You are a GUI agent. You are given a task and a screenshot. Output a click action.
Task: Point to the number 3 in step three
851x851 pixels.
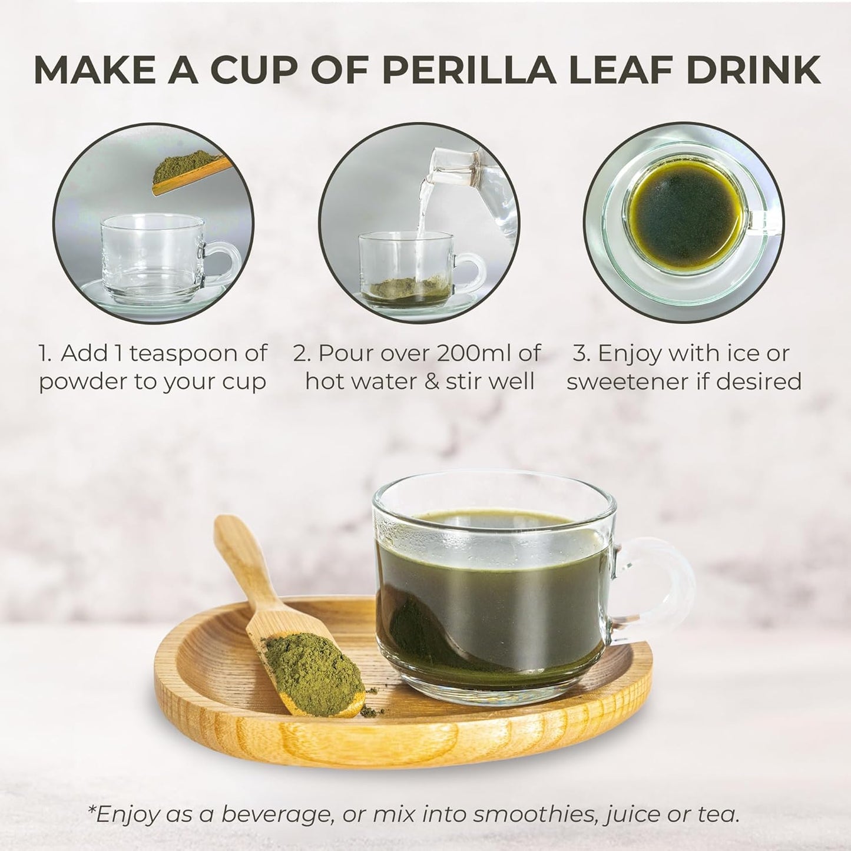(x=581, y=354)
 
